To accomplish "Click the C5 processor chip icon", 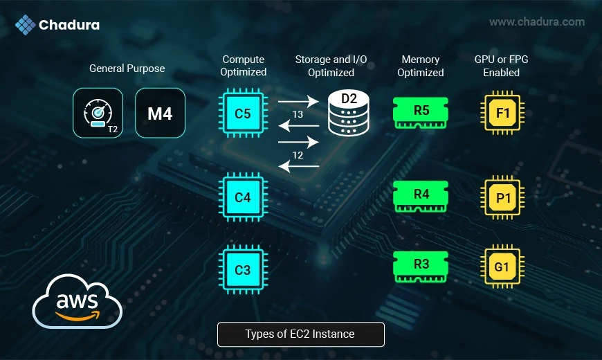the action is [x=243, y=113].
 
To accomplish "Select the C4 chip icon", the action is [x=243, y=197].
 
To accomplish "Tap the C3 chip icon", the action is [x=243, y=269].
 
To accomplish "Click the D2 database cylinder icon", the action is [x=349, y=114].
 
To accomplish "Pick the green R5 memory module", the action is [x=421, y=112].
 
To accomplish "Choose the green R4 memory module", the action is [x=421, y=196].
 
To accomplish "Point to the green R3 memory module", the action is [x=421, y=267].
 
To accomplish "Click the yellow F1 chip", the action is [x=502, y=113].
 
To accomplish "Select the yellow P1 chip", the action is [x=502, y=197].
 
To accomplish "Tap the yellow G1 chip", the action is [x=502, y=267].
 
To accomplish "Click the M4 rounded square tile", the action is [x=160, y=113].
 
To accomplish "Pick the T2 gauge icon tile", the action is [x=98, y=113].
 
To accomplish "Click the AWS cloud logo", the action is [x=77, y=302].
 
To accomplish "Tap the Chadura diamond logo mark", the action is [x=26, y=25].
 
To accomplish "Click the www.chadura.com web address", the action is [x=537, y=22].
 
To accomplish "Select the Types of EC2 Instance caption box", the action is [x=300, y=334].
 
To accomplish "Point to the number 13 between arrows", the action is [x=298, y=114].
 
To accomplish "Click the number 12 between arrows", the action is [x=298, y=155].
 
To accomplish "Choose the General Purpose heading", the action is [x=127, y=69].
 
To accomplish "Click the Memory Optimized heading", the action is [x=421, y=66].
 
